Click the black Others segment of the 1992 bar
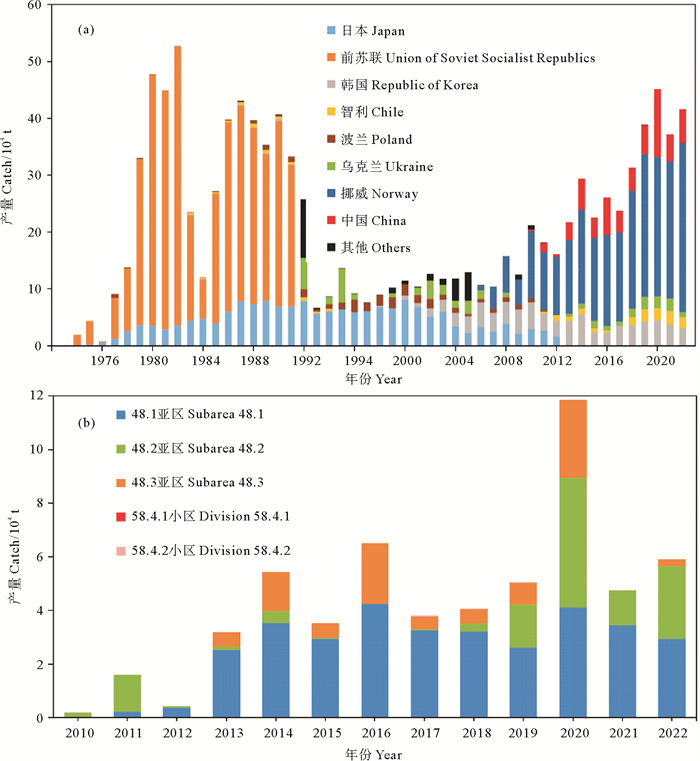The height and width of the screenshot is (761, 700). click(304, 228)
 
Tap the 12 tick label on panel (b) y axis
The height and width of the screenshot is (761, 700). click(41, 397)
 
